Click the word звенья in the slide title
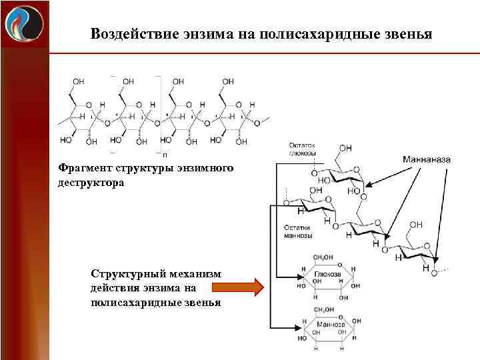tap(407, 33)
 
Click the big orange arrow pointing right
tap(237, 288)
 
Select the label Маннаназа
tap(427, 160)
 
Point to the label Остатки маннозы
tap(299, 231)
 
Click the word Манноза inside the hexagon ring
tap(329, 325)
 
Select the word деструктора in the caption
tap(91, 182)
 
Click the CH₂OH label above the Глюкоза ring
tap(324, 256)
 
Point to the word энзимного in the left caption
tap(203, 169)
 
